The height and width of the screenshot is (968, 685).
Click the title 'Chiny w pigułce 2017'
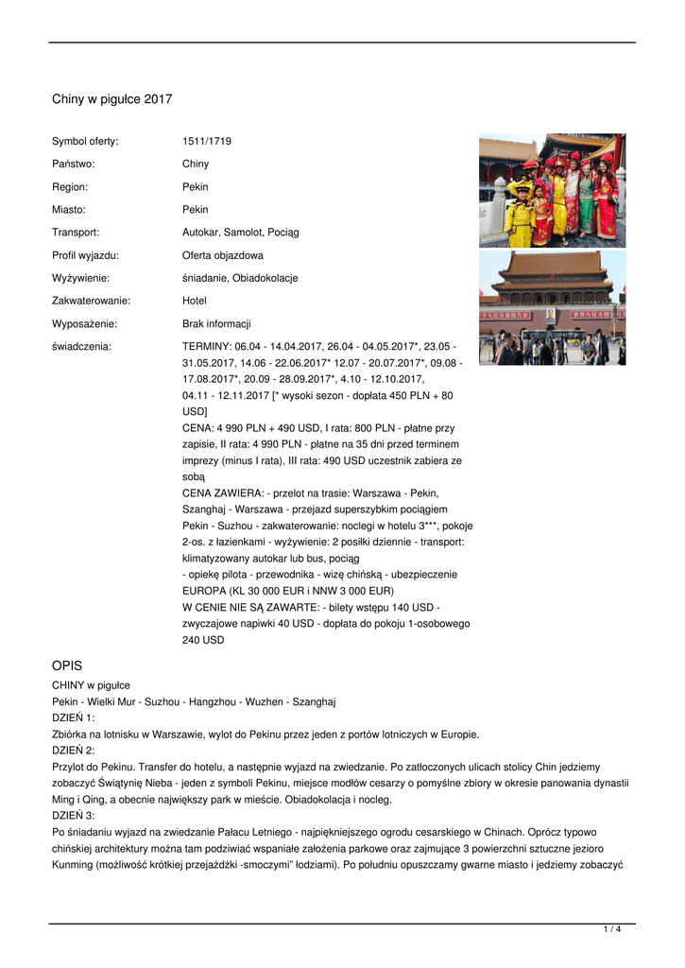coord(111,99)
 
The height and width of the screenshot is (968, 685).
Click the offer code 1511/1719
coord(207,142)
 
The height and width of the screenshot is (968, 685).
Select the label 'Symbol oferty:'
coord(85,142)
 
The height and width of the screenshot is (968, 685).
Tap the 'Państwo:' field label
coord(74,164)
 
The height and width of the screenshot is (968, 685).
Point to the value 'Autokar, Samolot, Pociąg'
coord(240,233)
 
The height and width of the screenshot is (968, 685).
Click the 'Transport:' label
coord(76,233)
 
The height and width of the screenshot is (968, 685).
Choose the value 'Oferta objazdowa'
coord(223,255)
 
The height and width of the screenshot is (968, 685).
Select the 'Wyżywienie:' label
coord(81,278)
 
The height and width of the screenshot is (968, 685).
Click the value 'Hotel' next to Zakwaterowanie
coord(196,301)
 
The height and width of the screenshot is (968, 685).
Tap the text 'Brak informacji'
coord(216,323)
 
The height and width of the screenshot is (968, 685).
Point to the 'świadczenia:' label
coord(81,347)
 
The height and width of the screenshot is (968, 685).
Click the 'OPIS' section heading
coord(68,665)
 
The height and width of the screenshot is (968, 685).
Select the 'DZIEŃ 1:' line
coord(74,717)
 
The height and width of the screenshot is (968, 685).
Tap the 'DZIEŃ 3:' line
coord(74,815)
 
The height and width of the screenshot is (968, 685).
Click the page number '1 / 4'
coord(612,930)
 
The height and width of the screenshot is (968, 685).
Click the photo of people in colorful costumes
coord(552,190)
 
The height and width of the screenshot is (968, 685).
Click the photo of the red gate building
coord(552,308)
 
